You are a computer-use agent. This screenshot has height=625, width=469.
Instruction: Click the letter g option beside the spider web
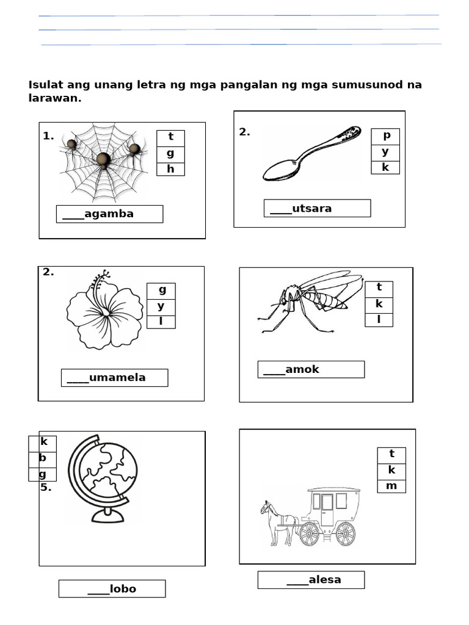pyautogui.click(x=170, y=154)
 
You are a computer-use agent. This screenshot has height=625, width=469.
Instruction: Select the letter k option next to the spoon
pyautogui.click(x=385, y=167)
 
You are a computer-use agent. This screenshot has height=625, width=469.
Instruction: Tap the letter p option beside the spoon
pyautogui.click(x=386, y=135)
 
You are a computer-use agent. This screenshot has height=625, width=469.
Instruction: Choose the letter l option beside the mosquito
pyautogui.click(x=379, y=320)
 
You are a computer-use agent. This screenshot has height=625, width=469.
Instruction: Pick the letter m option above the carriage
pyautogui.click(x=391, y=486)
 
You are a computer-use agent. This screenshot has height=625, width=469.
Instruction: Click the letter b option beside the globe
pyautogui.click(x=43, y=458)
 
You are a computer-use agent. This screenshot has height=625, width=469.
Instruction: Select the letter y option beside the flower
pyautogui.click(x=161, y=306)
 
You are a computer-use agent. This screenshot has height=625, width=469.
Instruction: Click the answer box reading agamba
pyautogui.click(x=109, y=214)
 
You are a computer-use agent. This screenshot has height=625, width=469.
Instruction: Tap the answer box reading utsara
pyautogui.click(x=317, y=208)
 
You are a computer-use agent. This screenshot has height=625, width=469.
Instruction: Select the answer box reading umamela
pyautogui.click(x=114, y=377)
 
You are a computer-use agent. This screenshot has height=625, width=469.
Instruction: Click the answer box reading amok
pyautogui.click(x=311, y=369)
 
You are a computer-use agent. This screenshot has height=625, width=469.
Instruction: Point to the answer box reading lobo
pyautogui.click(x=112, y=589)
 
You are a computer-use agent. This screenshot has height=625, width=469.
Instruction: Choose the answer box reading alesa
pyautogui.click(x=311, y=580)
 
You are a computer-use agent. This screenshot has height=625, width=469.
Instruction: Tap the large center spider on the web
pyautogui.click(x=103, y=160)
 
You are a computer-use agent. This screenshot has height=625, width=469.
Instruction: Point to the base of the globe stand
pyautogui.click(x=107, y=517)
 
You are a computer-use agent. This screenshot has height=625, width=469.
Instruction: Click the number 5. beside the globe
pyautogui.click(x=46, y=488)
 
